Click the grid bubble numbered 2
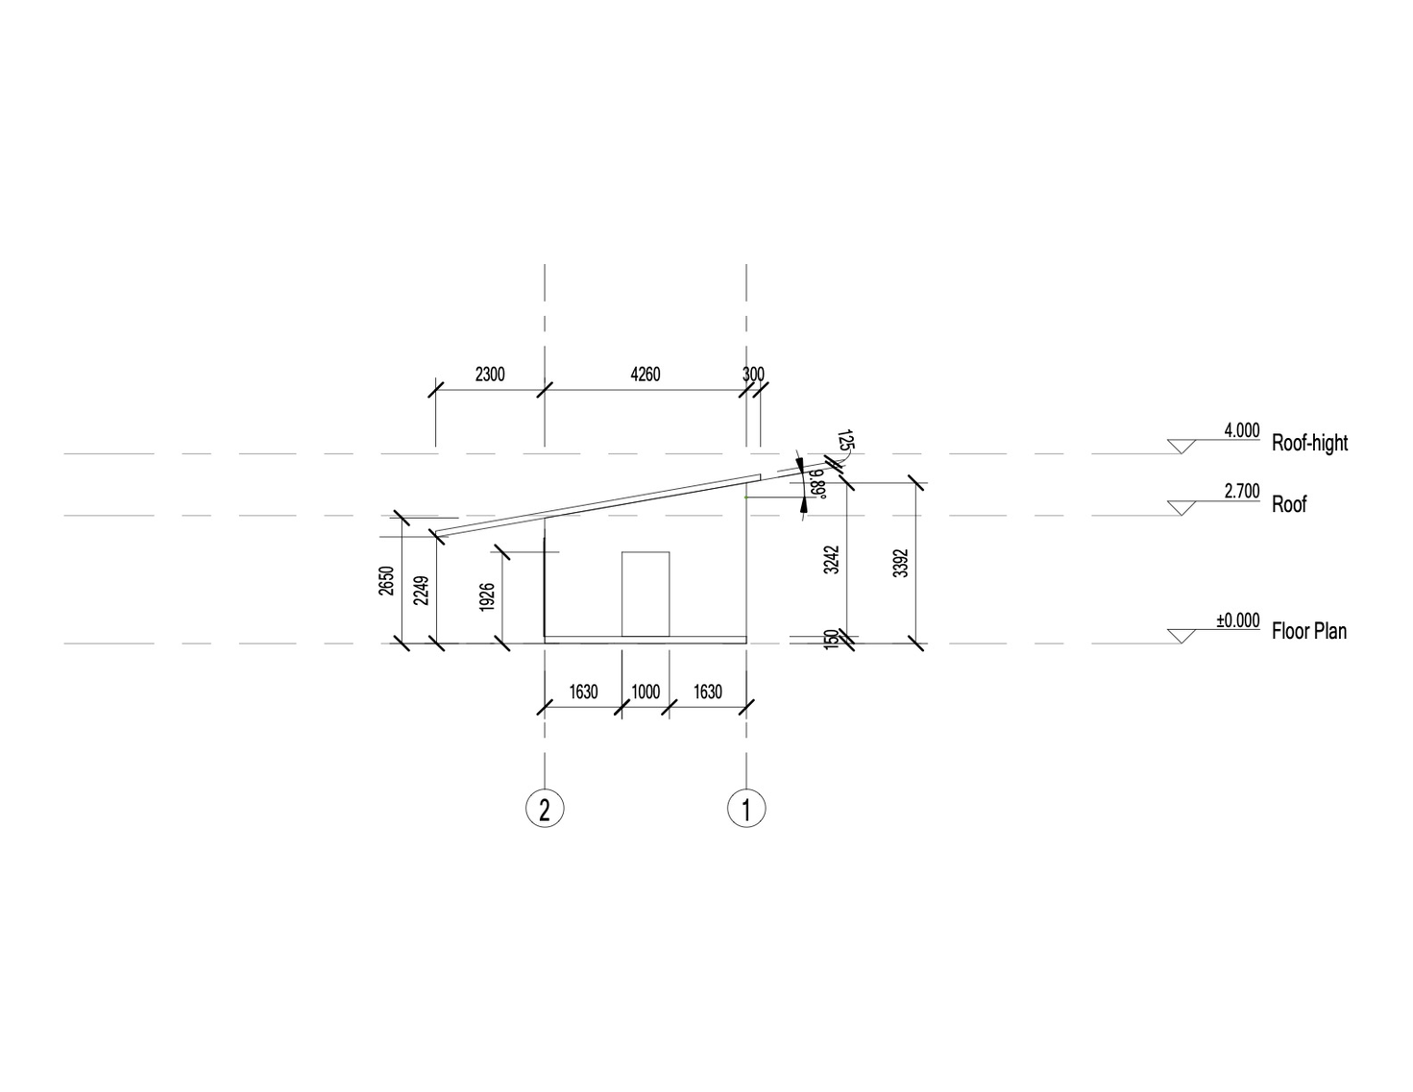(545, 809)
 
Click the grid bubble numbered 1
(745, 809)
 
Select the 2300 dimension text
(490, 375)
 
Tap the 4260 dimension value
(646, 375)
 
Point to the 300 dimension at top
(753, 375)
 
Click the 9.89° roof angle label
(817, 484)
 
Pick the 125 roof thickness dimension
(845, 440)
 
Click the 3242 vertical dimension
(831, 559)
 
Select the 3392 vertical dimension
(901, 563)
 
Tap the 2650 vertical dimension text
(385, 581)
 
